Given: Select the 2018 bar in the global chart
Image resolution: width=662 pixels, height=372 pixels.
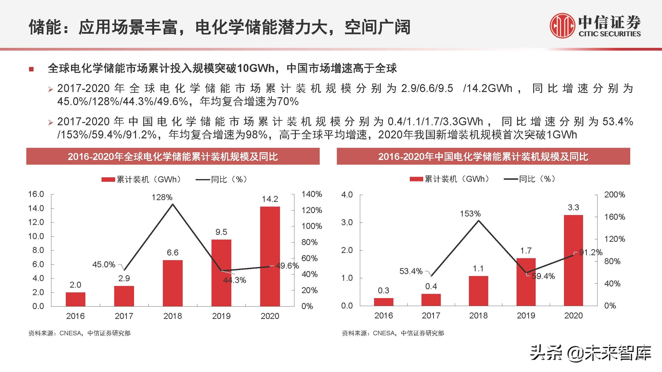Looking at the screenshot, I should pos(173,283).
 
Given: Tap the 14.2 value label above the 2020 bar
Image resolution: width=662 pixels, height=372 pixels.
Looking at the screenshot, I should pos(270,199).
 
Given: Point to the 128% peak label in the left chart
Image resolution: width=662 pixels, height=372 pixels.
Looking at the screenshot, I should pos(162,197).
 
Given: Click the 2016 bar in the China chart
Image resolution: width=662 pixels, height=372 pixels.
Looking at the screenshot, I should pos(383,302).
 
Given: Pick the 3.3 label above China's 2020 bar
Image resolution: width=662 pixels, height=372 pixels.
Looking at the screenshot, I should pos(573,207).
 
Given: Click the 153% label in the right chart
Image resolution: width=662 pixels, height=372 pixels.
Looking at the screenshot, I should pos(470,214).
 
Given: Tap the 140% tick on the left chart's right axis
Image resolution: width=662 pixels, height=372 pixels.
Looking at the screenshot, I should pos(312,194).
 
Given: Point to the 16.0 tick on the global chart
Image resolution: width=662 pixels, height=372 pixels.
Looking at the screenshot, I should pos(36,194).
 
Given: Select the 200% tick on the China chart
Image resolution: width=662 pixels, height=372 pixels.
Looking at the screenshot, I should pos(614,195).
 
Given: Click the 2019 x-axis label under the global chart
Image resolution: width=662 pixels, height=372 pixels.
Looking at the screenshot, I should pos(221,316).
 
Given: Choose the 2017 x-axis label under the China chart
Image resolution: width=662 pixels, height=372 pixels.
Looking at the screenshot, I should pos(431,315).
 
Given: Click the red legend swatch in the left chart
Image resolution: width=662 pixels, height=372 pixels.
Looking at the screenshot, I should pos(108,180).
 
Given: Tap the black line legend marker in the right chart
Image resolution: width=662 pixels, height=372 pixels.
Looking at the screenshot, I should pos(511,179).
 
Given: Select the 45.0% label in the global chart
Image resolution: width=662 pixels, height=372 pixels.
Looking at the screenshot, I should pos(104,264).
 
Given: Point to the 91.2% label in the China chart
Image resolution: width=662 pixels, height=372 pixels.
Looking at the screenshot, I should pos(591,252).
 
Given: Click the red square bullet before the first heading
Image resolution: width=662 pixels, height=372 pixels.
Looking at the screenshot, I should pos(31,69).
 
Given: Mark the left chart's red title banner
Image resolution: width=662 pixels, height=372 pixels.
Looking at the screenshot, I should pos(173,156).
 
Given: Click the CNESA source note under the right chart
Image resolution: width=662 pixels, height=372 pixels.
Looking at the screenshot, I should pos(393,333).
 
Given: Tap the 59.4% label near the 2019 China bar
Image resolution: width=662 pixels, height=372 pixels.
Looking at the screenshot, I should pos(543,276).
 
